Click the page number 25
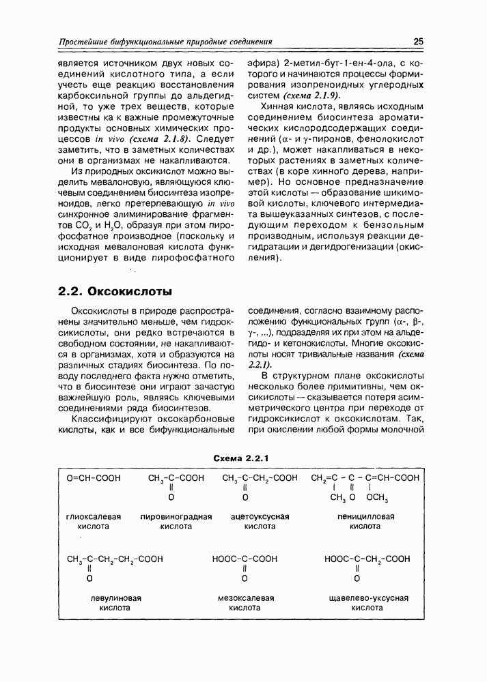tap(419, 42)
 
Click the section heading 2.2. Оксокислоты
tap(115, 291)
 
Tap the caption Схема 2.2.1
tap(243, 457)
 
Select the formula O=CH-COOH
tap(94, 478)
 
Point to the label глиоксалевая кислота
tap(94, 522)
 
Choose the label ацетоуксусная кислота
tap(260, 522)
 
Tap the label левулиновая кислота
tap(115, 603)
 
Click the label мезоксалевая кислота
tap(245, 603)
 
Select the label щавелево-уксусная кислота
tap(367, 603)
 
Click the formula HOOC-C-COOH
tap(245, 559)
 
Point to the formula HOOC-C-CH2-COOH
tap(367, 559)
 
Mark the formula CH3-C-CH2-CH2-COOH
tap(115, 559)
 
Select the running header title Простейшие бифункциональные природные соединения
tap(165, 42)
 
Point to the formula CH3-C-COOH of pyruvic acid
tap(176, 478)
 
